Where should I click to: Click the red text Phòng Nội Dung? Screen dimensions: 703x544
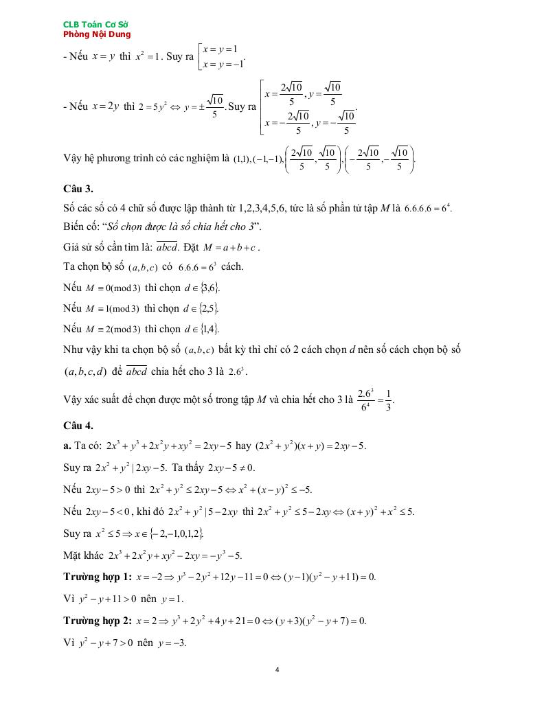(96, 34)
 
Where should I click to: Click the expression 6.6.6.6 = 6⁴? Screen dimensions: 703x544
(427, 207)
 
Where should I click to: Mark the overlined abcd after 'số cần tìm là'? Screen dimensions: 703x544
(167, 247)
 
